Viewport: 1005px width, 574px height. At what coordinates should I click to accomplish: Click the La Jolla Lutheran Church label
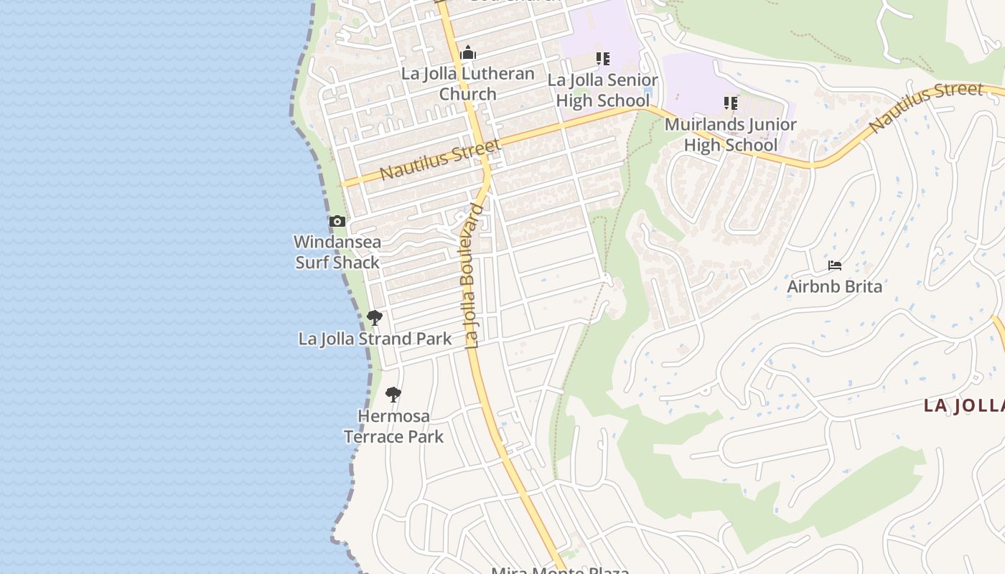[467, 83]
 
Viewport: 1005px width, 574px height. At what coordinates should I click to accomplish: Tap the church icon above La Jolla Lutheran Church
[468, 52]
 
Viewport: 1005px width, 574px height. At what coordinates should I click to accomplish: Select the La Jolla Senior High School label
[602, 90]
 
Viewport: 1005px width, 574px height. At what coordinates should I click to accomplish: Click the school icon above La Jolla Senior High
[602, 58]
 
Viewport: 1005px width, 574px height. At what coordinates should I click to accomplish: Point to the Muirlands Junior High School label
[730, 134]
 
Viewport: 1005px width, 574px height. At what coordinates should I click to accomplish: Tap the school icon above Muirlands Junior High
[730, 103]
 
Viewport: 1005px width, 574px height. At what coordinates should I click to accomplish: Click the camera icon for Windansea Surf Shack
[337, 222]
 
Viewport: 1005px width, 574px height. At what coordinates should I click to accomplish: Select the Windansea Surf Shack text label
[337, 252]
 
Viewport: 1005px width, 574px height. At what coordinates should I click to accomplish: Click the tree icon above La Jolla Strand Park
[374, 317]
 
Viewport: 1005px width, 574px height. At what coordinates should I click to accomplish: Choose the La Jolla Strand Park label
[375, 339]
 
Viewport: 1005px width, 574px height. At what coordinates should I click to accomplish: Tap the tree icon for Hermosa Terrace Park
[393, 394]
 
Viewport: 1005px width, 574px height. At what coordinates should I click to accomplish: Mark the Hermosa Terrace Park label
[393, 426]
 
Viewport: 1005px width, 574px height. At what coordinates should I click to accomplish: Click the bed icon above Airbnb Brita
[834, 265]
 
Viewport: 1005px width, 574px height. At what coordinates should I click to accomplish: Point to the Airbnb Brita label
[834, 286]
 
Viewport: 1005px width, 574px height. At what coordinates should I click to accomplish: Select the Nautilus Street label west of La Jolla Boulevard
[439, 160]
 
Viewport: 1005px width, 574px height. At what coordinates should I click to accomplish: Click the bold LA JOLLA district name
[963, 405]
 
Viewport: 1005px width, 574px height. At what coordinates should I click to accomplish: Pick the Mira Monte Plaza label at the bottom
[560, 570]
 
